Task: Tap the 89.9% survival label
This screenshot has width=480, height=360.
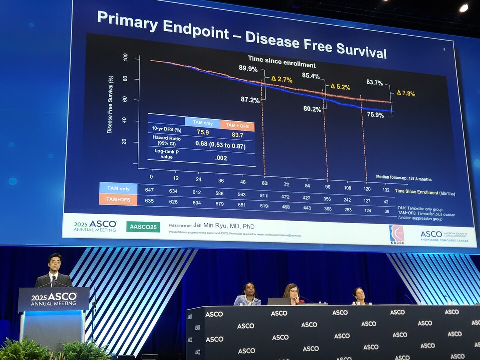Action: [x=248, y=68]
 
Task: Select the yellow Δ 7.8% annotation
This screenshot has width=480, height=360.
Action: [x=406, y=93]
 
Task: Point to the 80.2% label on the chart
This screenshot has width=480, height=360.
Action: [x=312, y=109]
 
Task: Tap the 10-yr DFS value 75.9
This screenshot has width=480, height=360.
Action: [x=203, y=133]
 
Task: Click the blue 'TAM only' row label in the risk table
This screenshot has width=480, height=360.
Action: [x=118, y=189]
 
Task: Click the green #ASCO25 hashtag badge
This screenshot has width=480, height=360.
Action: [x=143, y=226]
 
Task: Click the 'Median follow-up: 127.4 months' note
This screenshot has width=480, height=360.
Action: [x=404, y=178]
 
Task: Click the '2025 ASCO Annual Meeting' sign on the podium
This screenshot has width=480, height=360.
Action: [x=54, y=299]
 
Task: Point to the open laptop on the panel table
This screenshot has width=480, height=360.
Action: [x=279, y=301]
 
